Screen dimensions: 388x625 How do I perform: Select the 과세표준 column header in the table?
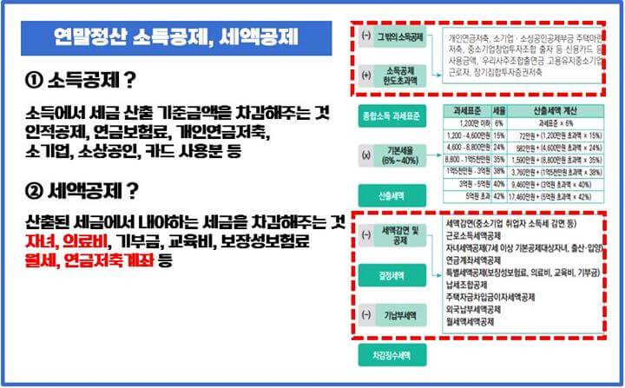pos(461,112)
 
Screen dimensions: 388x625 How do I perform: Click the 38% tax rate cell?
pos(499,172)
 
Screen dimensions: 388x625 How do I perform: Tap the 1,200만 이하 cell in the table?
pos(461,124)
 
